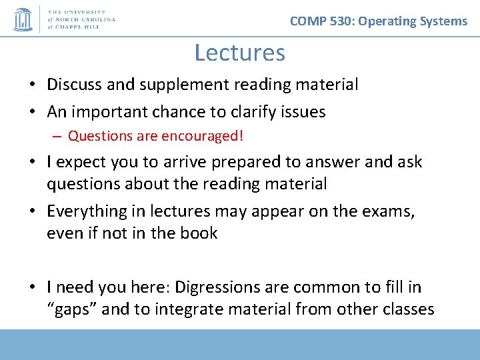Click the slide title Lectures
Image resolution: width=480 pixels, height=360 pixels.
(x=239, y=52)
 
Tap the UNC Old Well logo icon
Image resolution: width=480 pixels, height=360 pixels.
(x=23, y=19)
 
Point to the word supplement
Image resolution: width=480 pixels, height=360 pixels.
(x=177, y=85)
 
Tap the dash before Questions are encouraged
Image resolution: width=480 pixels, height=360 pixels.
(x=57, y=137)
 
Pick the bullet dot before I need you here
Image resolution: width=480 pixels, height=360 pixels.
(x=33, y=288)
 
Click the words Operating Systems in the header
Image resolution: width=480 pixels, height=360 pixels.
(x=413, y=21)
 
